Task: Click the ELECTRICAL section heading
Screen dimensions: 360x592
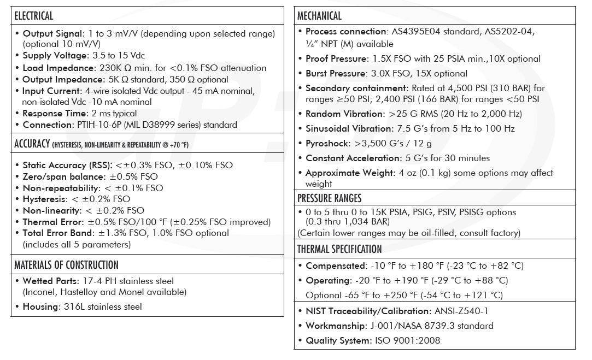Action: tap(34, 16)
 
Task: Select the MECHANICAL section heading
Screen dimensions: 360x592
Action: tap(319, 16)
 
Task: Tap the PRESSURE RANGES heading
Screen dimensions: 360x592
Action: tap(329, 198)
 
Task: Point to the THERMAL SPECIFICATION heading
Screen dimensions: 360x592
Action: tap(339, 249)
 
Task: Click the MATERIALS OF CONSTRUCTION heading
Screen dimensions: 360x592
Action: tap(66, 265)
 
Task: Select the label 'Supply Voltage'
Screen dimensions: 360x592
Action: tap(55, 56)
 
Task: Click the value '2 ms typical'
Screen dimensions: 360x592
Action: tap(114, 113)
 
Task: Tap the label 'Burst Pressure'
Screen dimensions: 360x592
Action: tap(335, 73)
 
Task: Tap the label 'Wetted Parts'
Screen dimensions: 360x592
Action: tap(50, 281)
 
